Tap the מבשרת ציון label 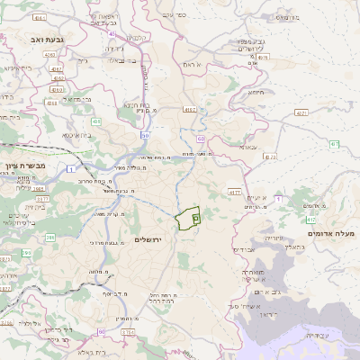point(22,166)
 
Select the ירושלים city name point(145,240)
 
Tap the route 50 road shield point(144,135)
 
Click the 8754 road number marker point(129,332)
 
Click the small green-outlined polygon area point(188,218)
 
